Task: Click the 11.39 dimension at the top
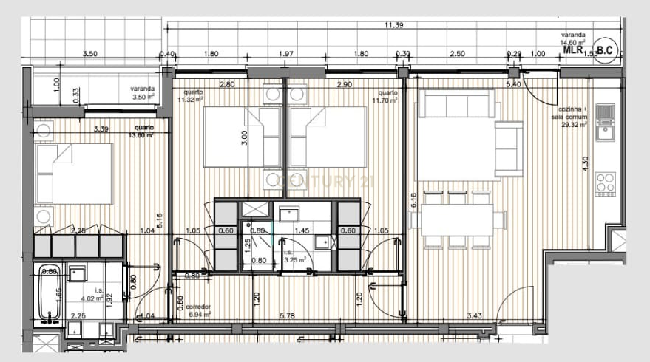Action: (393, 26)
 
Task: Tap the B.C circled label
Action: (605, 50)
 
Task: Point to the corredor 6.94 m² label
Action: (198, 310)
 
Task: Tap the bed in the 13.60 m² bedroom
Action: (73, 173)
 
